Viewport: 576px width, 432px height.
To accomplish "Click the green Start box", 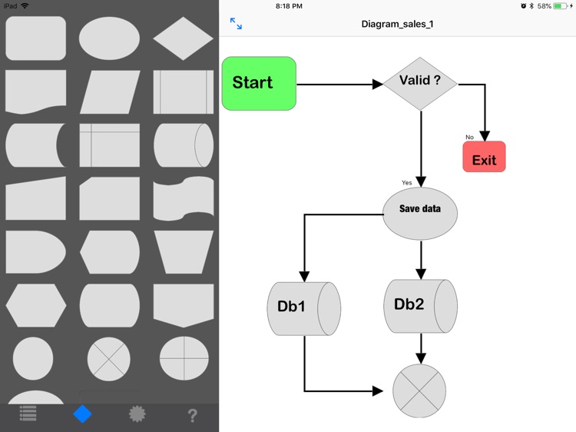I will pos(259,83).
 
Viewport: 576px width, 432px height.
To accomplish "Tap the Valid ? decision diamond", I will pos(420,81).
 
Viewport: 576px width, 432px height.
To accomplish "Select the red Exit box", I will pos(484,157).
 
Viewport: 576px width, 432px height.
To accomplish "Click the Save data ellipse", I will pos(420,210).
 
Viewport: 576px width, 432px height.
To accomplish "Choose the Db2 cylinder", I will pos(420,305).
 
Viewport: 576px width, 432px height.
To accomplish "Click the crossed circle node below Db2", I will pos(419,390).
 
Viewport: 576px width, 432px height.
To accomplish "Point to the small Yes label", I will pos(407,183).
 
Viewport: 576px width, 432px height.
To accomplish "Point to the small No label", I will pos(469,138).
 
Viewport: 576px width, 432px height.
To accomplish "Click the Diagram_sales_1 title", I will pos(397,24).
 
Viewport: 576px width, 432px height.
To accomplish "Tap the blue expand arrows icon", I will pos(236,24).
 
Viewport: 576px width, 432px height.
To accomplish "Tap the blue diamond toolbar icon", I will pos(82,414).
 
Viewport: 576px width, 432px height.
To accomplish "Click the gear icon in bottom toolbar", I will pos(137,414).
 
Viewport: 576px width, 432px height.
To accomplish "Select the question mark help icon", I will pos(192,415).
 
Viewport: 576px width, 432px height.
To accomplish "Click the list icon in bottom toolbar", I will pos(28,414).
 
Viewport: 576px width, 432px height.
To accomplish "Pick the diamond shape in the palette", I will pos(183,38).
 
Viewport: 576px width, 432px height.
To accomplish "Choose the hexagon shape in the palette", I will pos(36,305).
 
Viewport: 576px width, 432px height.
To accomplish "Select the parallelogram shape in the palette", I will pos(110,91).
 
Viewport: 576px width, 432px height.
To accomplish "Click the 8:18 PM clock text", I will pos(289,6).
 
